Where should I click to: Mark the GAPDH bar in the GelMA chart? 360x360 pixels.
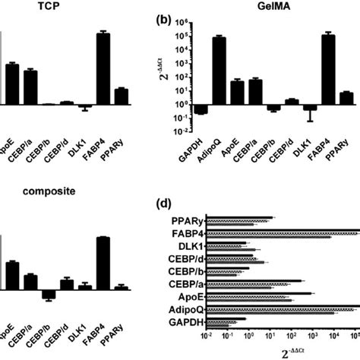pyautogui.click(x=201, y=109)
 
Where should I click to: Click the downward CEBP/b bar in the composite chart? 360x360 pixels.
pyautogui.click(x=49, y=295)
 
